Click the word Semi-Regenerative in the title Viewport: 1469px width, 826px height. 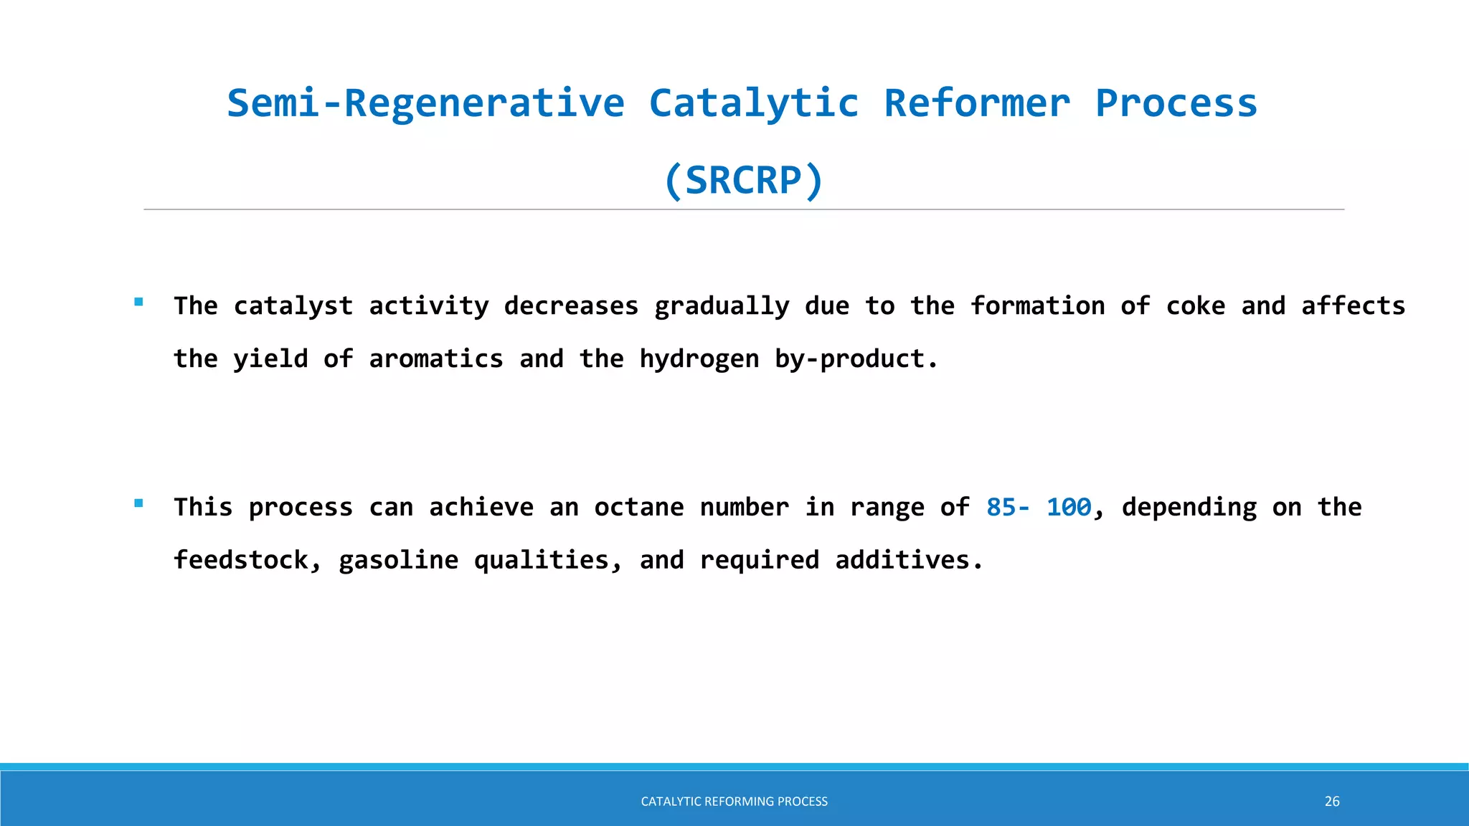426,103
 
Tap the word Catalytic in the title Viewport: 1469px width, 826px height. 754,103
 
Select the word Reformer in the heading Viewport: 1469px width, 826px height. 977,103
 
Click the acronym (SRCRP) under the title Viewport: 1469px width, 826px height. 744,180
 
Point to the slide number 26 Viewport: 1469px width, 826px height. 1332,802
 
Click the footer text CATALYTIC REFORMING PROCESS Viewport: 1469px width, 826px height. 734,802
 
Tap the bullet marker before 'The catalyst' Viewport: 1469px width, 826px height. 138,303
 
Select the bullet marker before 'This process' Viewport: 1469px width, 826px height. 138,503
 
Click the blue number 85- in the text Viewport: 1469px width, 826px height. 1008,508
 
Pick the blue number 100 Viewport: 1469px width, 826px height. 1069,508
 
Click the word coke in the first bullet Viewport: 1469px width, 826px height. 1195,306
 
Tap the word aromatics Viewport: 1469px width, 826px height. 436,359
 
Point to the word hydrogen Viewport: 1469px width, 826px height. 699,359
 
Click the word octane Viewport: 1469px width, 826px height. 639,508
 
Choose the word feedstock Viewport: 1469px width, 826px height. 241,560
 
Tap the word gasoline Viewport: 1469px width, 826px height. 398,560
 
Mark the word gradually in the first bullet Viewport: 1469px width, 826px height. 722,306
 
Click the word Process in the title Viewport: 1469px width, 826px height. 1176,103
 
